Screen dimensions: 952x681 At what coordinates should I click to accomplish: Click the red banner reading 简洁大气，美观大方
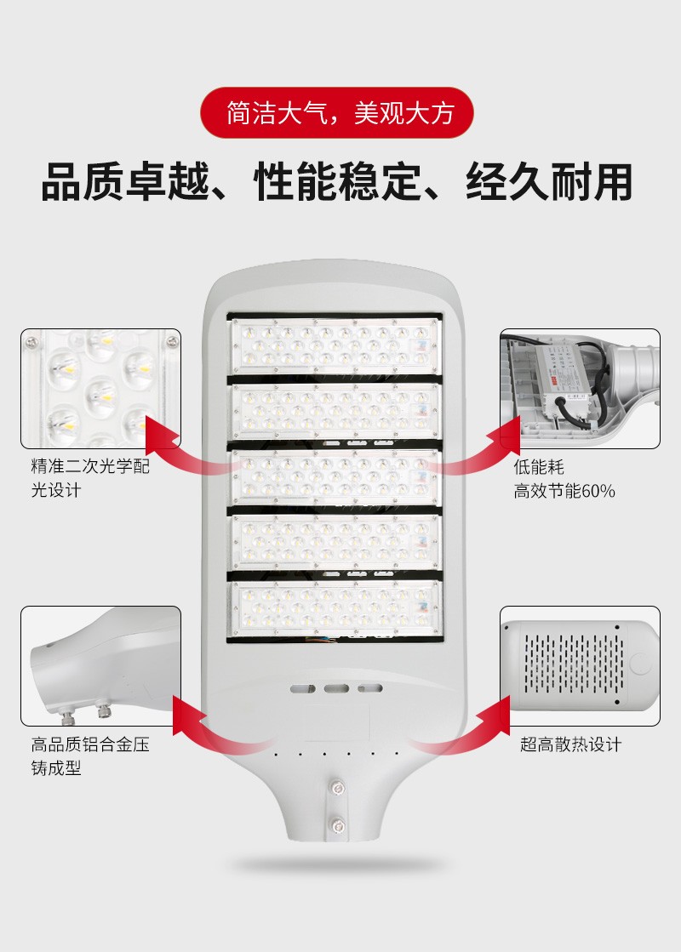click(340, 113)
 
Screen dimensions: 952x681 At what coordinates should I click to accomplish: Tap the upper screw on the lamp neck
click(339, 790)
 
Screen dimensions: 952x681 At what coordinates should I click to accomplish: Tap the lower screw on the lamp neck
click(339, 824)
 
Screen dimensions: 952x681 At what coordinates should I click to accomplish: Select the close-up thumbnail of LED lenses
click(101, 389)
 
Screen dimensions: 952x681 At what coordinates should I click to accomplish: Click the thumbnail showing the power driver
click(580, 389)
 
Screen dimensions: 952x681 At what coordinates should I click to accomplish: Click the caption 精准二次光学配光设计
click(90, 478)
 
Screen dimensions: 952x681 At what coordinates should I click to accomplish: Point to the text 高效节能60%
click(564, 491)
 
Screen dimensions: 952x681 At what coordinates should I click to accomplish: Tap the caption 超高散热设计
click(571, 744)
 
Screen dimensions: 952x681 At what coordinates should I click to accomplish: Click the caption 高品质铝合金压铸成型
click(90, 756)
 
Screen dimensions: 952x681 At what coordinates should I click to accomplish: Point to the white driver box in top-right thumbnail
click(567, 374)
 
